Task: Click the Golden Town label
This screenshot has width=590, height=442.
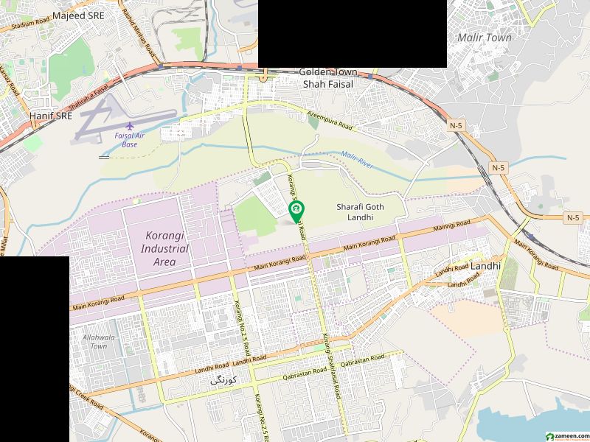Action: point(327,72)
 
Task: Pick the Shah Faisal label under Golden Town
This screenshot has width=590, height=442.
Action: point(328,85)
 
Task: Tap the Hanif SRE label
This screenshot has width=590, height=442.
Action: point(50,116)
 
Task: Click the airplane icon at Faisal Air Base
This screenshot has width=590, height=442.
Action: point(131,127)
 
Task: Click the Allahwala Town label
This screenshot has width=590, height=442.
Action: point(95,340)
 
